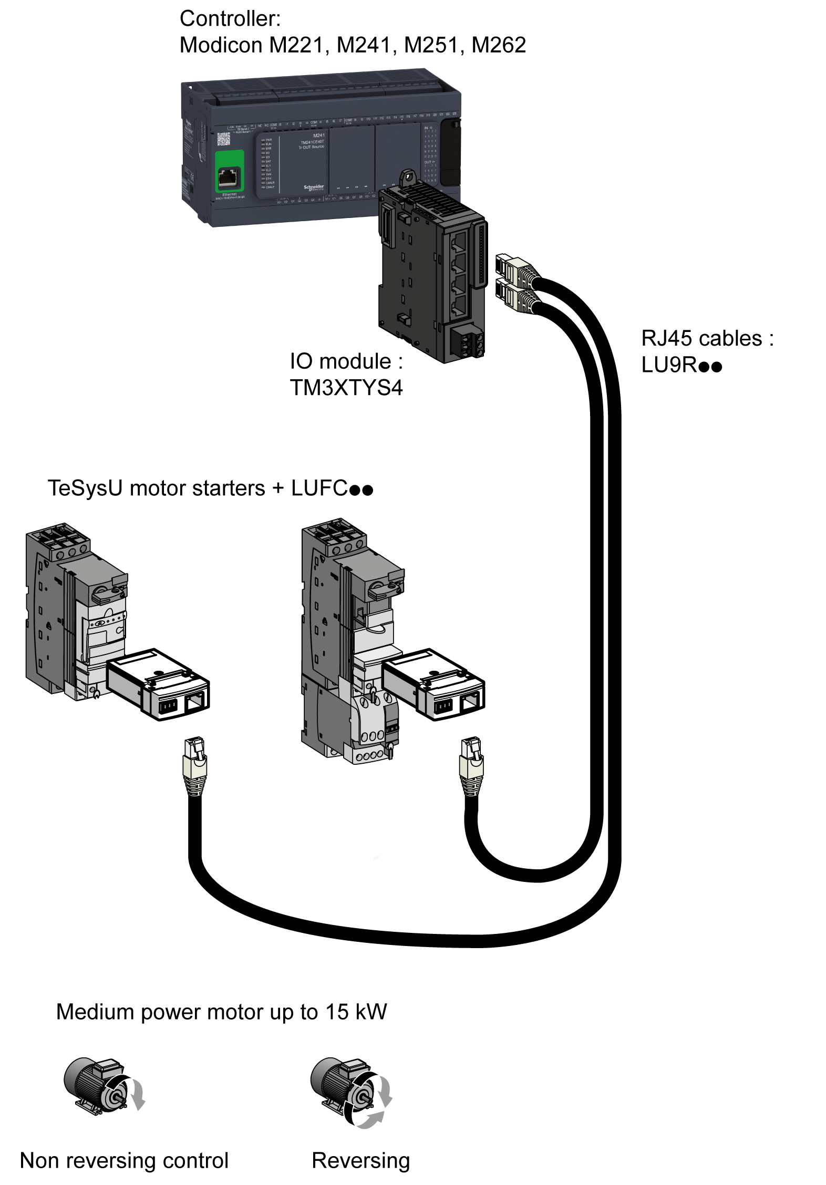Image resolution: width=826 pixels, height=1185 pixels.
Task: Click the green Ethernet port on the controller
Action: click(x=230, y=171)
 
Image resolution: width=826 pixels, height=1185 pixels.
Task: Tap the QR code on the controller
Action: click(x=223, y=139)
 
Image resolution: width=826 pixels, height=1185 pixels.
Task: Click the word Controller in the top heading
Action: click(x=230, y=19)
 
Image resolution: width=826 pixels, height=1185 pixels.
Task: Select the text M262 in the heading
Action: click(x=499, y=45)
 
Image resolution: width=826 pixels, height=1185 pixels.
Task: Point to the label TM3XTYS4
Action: click(x=346, y=388)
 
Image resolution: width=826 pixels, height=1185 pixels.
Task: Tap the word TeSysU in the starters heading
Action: click(x=85, y=488)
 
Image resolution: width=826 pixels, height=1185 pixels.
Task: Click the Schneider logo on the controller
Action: click(x=314, y=188)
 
